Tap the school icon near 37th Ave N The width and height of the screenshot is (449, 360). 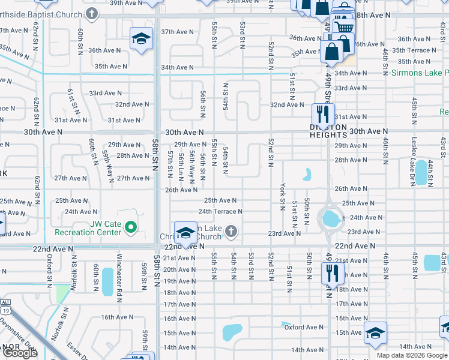pos(140,40)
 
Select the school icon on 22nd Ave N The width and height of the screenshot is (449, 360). pos(186,233)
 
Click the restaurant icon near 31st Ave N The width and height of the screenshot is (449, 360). pos(323,113)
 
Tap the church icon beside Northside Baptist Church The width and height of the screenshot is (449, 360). pos(92,12)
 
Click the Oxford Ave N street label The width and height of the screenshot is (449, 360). pos(304,327)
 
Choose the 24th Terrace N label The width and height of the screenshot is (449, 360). pos(220,211)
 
